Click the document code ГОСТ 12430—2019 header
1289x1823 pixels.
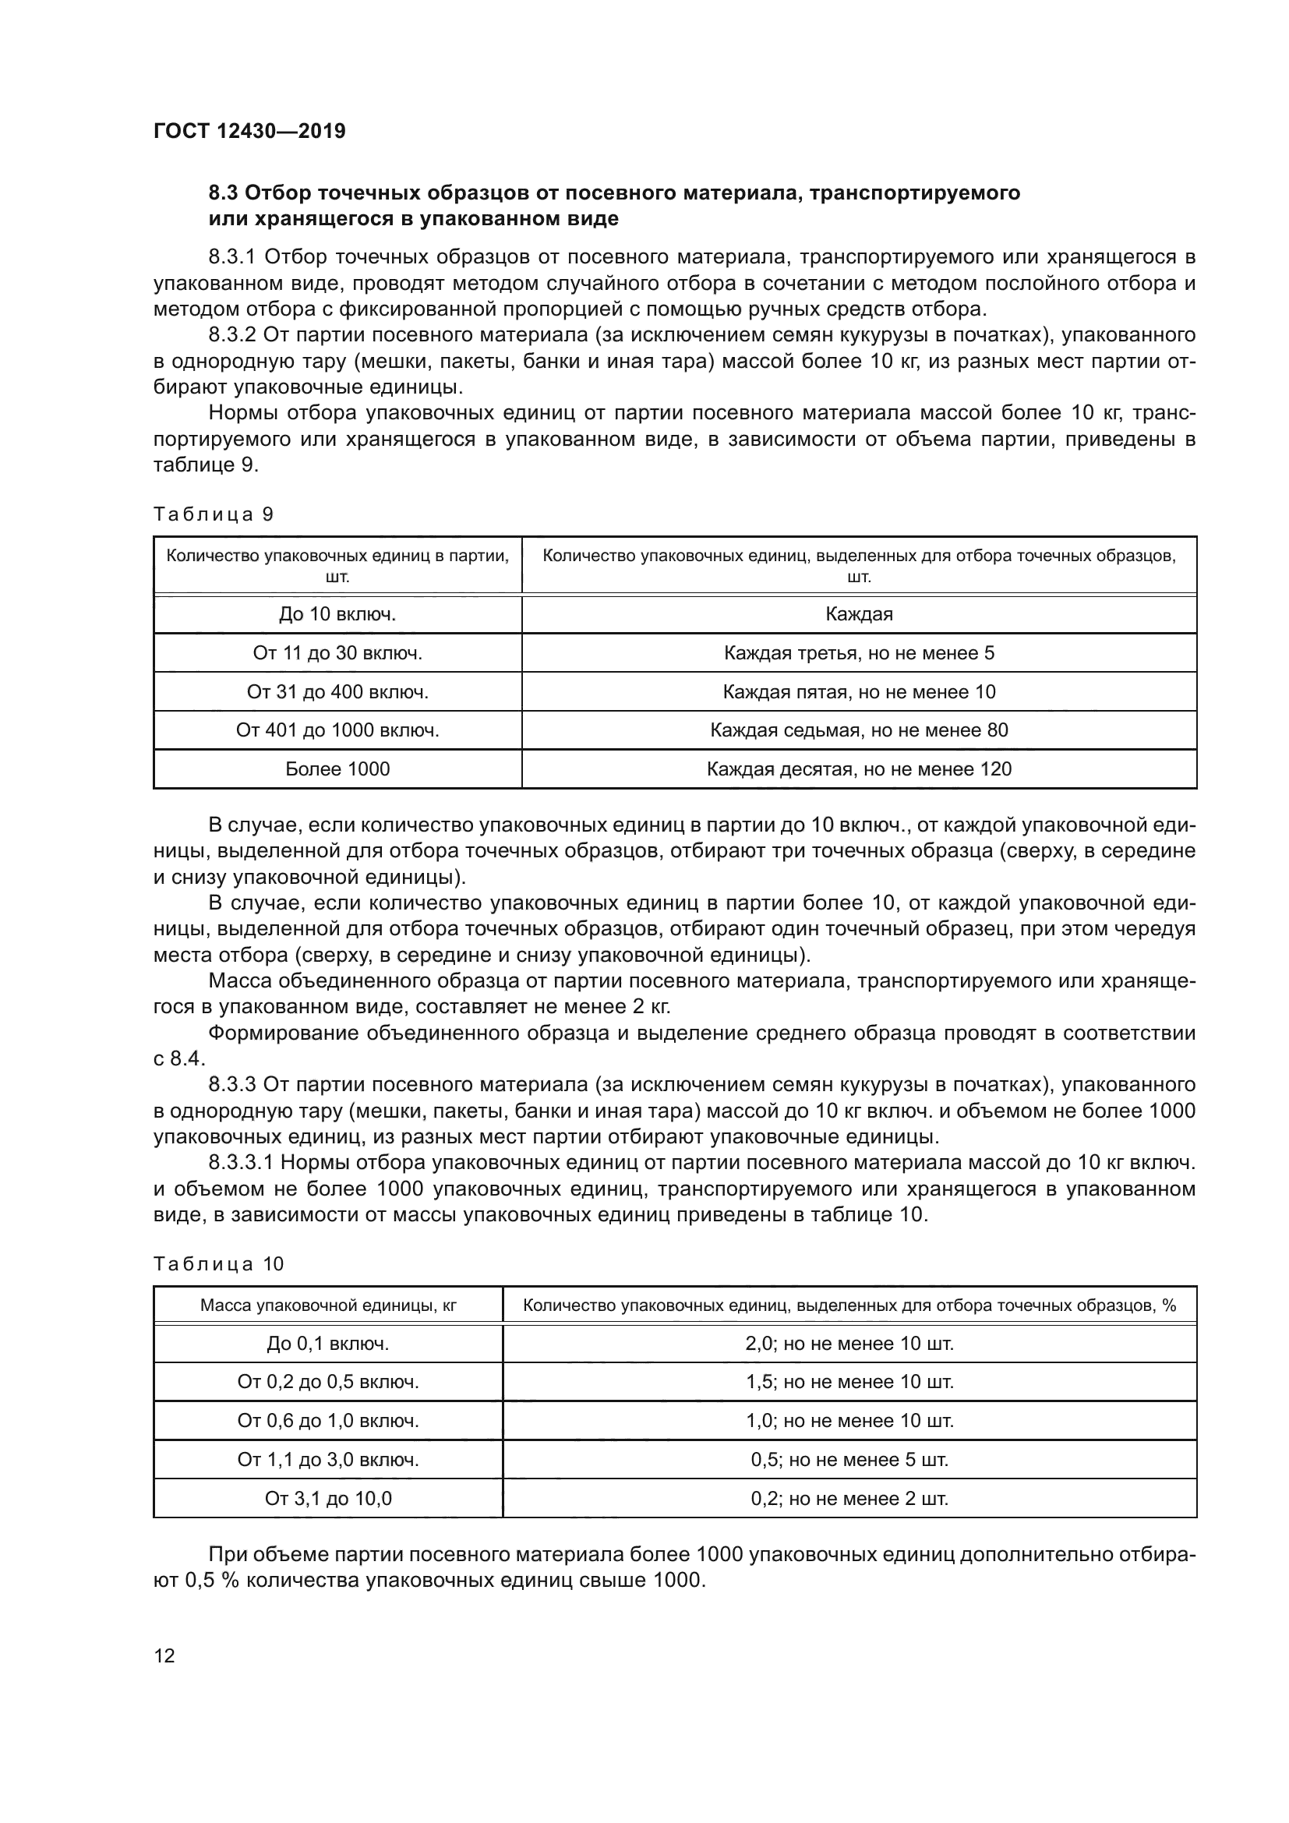249,131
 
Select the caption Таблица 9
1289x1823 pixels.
213,514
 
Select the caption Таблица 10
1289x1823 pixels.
218,1264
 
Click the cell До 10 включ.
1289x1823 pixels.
337,613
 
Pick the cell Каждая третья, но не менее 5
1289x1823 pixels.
859,652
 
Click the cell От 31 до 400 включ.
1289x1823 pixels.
337,691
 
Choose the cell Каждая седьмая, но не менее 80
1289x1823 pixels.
859,730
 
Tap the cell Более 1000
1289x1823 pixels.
337,768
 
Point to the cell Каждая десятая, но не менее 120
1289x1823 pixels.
859,768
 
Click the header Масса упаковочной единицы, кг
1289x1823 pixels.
328,1305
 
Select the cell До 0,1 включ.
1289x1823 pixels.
328,1344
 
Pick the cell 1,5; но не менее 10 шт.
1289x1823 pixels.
849,1382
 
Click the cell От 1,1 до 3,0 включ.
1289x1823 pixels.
328,1459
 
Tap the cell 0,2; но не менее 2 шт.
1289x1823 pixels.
849,1498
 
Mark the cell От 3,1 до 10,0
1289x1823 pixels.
328,1498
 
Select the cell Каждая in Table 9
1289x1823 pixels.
859,613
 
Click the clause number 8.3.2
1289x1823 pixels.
231,335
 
